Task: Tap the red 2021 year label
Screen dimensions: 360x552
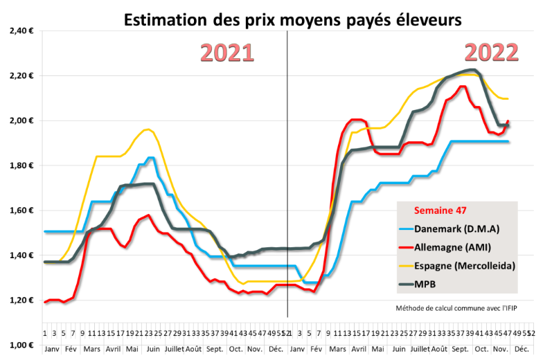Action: tap(227, 53)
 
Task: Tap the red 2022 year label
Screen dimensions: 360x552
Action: tap(491, 53)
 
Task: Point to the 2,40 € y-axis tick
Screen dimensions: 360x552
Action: tap(23, 31)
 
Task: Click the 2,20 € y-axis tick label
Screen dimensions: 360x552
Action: tap(23, 76)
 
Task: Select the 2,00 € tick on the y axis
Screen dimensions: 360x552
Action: tap(23, 121)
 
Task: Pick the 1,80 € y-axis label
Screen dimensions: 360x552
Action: tap(23, 166)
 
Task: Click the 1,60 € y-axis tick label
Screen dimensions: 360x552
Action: tap(23, 211)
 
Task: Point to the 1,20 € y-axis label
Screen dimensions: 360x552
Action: tap(23, 300)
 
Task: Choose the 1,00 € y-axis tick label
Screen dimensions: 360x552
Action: tap(23, 345)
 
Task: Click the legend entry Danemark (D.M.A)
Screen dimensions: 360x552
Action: tap(458, 229)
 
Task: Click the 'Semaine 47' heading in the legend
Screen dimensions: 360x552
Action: tap(440, 210)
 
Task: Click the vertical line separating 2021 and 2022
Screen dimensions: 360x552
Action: tap(287, 173)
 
